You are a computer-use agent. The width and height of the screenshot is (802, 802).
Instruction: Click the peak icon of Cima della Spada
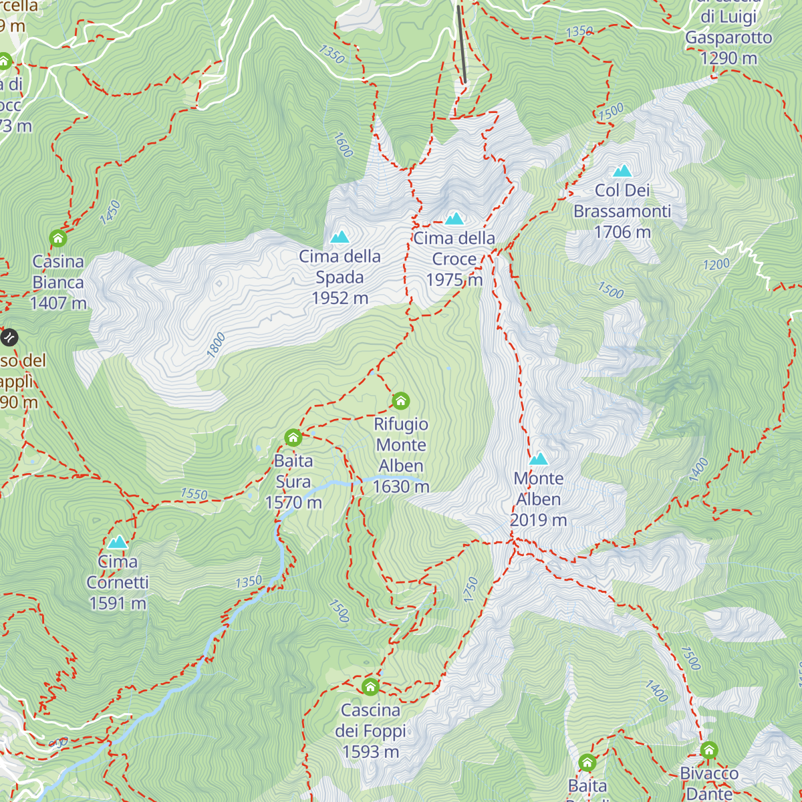tap(340, 237)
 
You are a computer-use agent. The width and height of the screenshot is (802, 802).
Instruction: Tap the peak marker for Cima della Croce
tap(454, 219)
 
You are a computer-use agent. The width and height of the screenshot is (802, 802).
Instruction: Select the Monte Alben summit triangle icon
tap(539, 459)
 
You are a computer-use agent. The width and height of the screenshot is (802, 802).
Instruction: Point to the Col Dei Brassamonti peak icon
tap(622, 171)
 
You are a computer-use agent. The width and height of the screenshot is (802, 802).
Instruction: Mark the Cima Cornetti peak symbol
tap(118, 542)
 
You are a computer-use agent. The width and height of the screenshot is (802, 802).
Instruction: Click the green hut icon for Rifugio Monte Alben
tap(400, 401)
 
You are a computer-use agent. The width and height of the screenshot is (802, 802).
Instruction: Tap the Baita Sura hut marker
tap(293, 438)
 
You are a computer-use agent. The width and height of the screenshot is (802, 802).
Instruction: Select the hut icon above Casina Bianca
tap(58, 238)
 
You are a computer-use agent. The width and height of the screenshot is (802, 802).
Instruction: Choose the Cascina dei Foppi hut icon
tap(370, 687)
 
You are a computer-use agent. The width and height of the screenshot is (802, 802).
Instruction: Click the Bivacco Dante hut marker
tap(708, 751)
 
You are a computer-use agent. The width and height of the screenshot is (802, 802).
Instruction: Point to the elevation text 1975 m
tap(454, 280)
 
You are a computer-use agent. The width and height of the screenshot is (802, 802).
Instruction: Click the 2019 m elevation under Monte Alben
tap(539, 520)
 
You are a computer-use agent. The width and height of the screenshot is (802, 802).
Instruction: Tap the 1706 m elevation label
tap(622, 232)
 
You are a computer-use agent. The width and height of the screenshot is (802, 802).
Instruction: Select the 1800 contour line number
tap(216, 346)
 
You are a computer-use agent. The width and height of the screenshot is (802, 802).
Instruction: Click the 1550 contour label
tap(194, 495)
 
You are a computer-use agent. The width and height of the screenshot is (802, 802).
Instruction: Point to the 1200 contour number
tap(716, 265)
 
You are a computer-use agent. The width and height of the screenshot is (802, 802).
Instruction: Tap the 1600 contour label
tap(342, 145)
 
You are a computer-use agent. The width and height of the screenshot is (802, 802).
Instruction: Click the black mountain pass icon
tap(9, 338)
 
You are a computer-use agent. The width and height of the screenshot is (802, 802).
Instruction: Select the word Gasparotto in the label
tap(728, 38)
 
